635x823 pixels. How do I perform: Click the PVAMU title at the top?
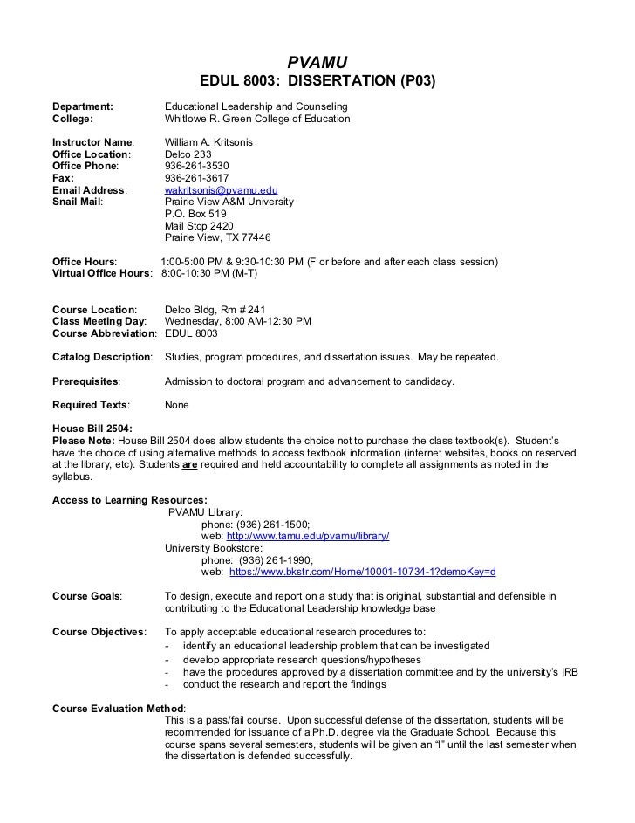pos(317,62)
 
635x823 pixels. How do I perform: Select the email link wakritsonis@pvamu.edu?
pos(221,189)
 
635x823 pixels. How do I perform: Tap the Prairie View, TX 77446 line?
pos(217,237)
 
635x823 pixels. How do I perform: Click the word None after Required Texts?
pos(176,405)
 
